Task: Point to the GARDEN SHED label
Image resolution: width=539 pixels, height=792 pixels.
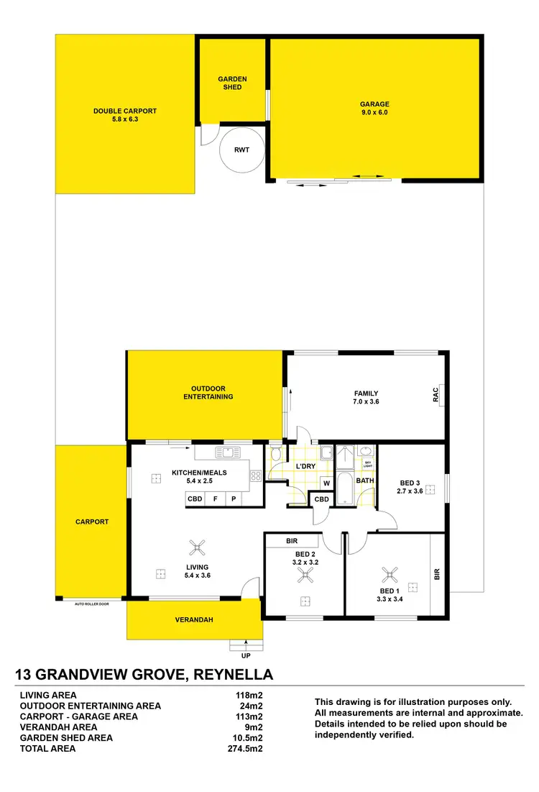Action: coord(232,83)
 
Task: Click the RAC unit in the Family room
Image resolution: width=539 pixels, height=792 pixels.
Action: coord(436,395)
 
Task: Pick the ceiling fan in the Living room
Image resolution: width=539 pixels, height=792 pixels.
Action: coord(197,548)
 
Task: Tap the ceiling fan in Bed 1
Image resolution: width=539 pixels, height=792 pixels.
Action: coord(391,574)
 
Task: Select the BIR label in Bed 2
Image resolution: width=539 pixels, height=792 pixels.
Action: coord(292,540)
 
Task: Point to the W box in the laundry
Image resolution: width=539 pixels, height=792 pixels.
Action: coord(326,483)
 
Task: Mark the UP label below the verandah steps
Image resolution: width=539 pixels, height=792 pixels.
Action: coord(246,655)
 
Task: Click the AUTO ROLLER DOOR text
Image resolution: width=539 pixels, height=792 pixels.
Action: coord(92,604)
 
